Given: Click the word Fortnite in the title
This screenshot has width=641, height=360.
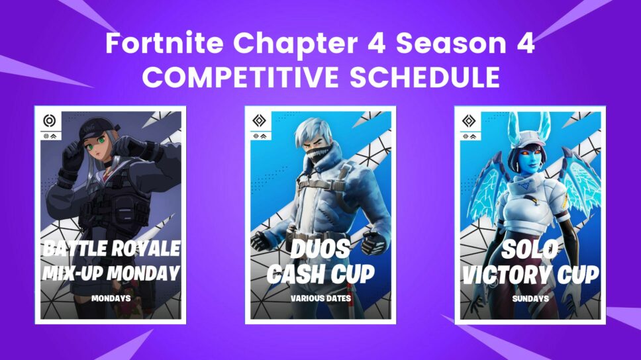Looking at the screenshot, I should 166,46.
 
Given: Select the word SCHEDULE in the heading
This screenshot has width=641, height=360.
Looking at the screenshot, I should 425,77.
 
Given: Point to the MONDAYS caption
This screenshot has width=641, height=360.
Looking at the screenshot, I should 110,298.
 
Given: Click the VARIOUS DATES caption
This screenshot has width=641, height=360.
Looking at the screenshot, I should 320,298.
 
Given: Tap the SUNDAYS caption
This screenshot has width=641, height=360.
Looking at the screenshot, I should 530,298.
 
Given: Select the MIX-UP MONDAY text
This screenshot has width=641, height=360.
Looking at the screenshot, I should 110,273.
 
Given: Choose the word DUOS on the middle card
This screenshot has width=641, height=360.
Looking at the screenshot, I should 320,249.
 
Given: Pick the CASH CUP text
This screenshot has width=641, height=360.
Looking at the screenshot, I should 320,273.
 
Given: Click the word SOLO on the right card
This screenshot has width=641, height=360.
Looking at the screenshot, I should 530,249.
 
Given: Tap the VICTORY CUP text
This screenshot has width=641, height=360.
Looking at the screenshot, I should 530,273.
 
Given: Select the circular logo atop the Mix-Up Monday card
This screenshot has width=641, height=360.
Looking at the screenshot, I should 48,121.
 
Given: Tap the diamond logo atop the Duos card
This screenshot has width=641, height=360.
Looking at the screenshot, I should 259,121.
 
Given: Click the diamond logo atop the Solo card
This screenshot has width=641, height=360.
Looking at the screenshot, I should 469,121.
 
